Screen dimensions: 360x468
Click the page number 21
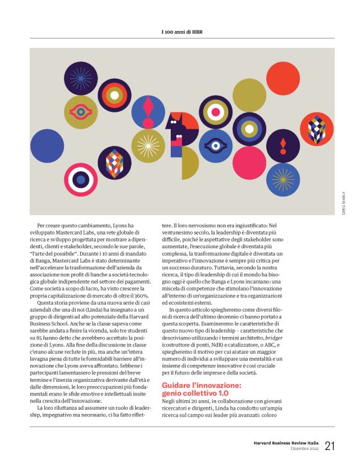pyautogui.click(x=329, y=445)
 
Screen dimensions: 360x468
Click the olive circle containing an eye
pyautogui.click(x=80, y=112)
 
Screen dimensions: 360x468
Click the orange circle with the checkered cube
pyautogui.click(x=317, y=128)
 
